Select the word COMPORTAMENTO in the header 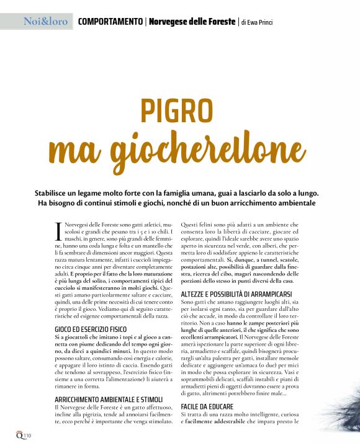tap(110, 22)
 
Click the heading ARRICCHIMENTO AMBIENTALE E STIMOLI tap(109, 400)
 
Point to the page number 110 tap(28, 436)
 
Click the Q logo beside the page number tap(19, 434)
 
